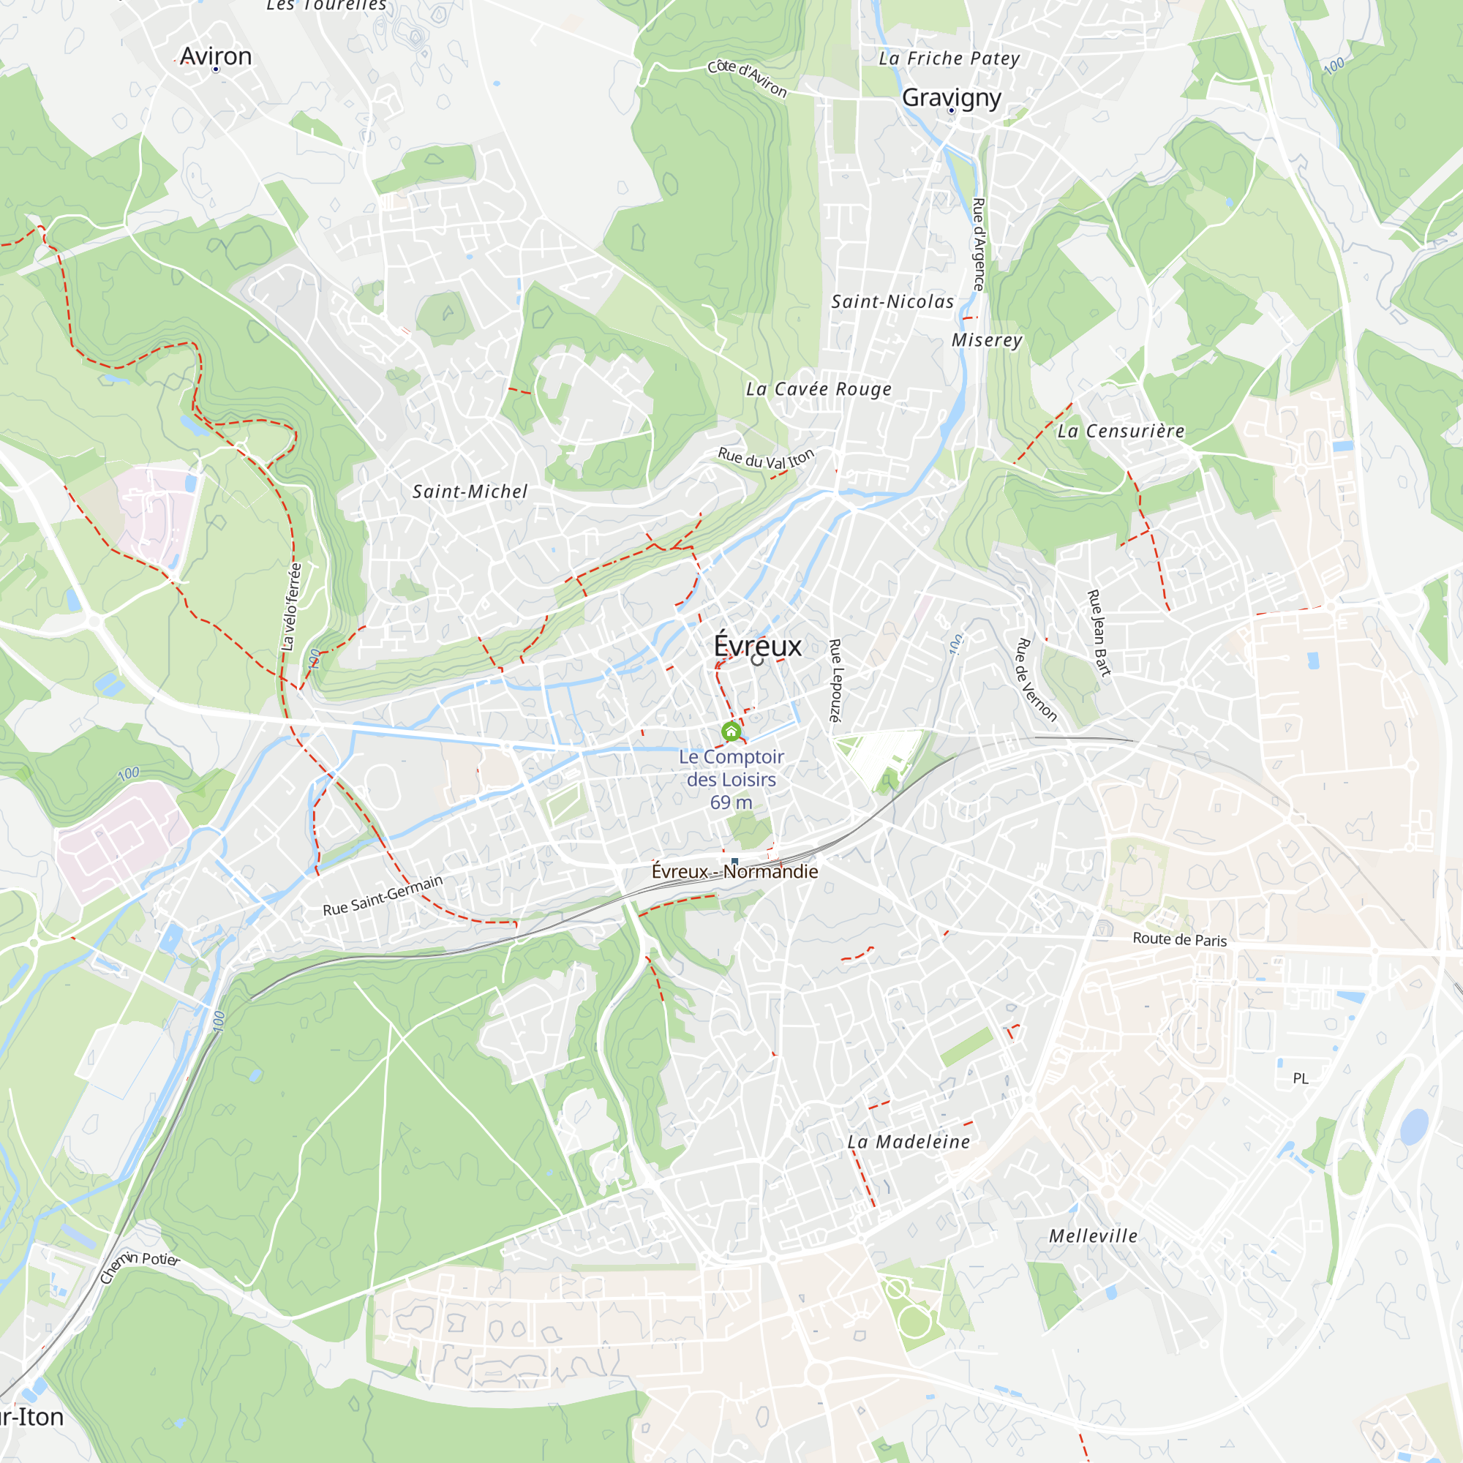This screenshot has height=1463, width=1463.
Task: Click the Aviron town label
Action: coord(216,56)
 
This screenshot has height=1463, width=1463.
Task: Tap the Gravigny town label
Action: coord(951,97)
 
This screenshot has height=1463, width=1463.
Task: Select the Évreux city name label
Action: coord(757,646)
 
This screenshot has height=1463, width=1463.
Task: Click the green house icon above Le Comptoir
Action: coord(731,731)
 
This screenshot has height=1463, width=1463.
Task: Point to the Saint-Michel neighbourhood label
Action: coord(470,492)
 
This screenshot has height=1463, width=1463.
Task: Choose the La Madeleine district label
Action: coord(908,1142)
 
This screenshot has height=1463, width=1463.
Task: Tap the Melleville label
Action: coord(1093,1236)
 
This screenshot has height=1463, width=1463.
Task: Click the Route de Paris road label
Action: coord(1179,939)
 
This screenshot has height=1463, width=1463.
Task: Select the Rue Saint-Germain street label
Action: coord(383,895)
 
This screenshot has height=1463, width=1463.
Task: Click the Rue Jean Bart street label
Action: coord(1099,632)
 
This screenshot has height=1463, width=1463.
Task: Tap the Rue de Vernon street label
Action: coord(1035,680)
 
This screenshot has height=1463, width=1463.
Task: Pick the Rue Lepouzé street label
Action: coord(835,680)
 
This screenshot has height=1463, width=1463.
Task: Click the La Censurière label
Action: coord(1121,431)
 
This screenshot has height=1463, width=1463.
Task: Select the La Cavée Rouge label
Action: coord(819,389)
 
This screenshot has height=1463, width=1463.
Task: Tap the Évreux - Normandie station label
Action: coord(734,872)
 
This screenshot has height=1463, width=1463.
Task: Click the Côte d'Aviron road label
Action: coord(748,78)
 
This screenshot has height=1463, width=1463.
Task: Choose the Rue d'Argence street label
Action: coord(978,244)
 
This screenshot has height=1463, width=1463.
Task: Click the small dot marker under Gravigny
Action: coord(951,110)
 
